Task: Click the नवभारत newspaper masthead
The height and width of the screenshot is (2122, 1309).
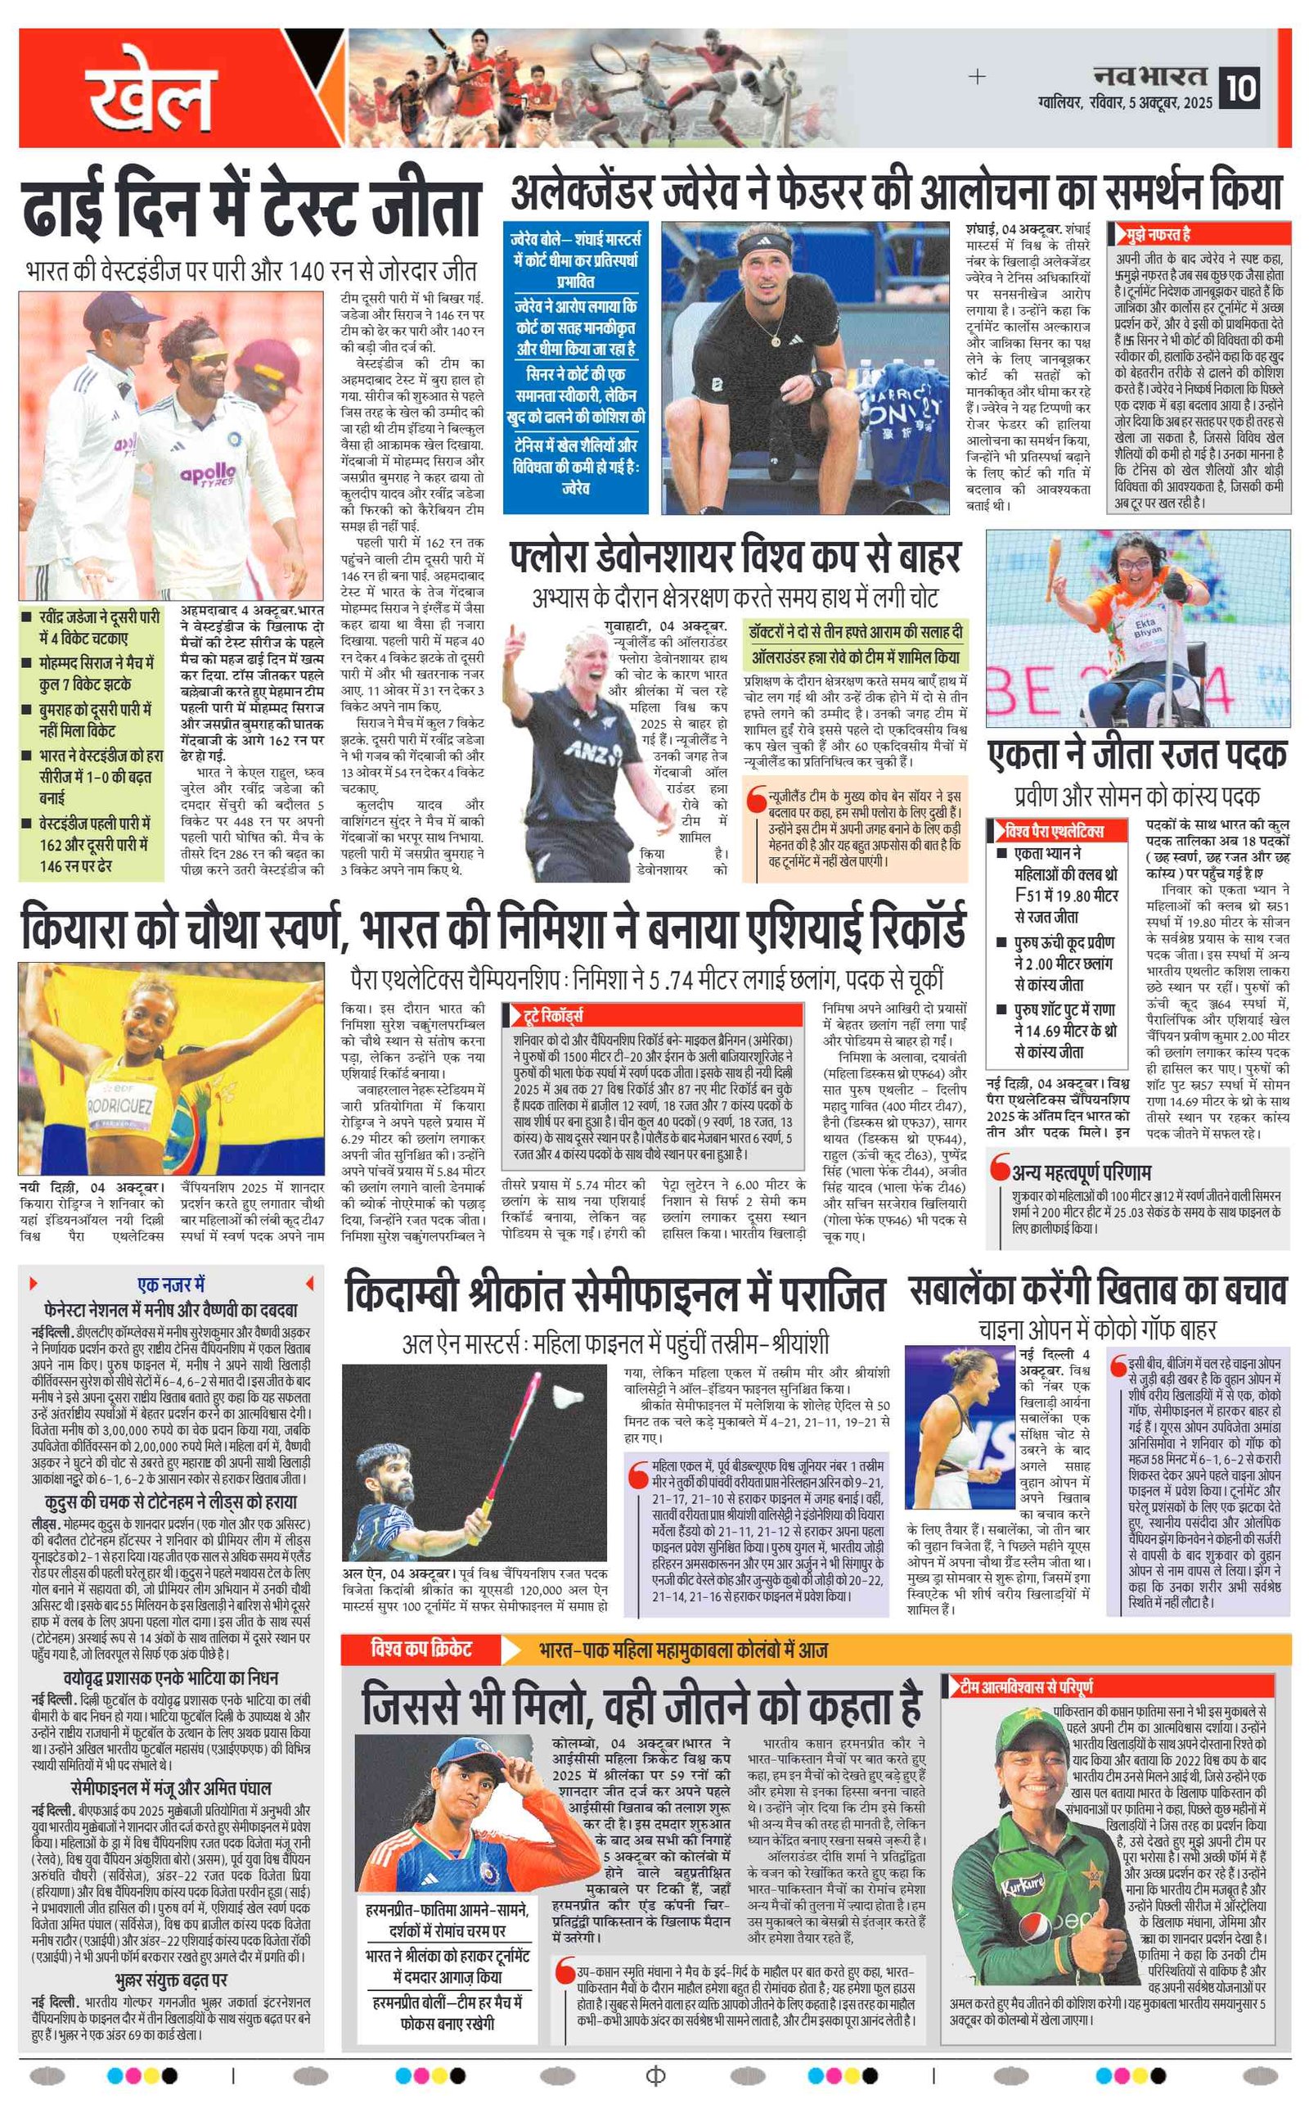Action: pyautogui.click(x=1149, y=75)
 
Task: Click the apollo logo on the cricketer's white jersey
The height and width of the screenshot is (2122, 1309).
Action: pyautogui.click(x=208, y=474)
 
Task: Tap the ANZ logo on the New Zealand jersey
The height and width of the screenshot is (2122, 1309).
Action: pyautogui.click(x=590, y=752)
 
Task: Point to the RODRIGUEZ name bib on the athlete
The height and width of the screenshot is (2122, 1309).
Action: pyautogui.click(x=120, y=1106)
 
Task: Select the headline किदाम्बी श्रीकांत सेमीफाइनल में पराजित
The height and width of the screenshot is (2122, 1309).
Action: pyautogui.click(x=614, y=1296)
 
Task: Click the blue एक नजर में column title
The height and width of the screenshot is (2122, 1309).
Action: pyautogui.click(x=170, y=1284)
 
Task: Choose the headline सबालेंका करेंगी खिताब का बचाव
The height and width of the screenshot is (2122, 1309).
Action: pyautogui.click(x=1097, y=1291)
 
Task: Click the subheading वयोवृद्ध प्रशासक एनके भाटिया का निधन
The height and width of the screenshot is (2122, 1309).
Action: pyautogui.click(x=170, y=1678)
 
